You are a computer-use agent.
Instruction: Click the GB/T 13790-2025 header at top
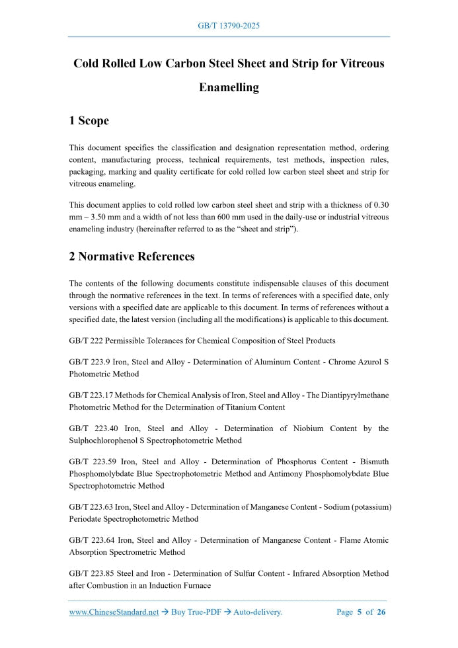[229, 26]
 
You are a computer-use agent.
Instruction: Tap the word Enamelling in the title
[229, 87]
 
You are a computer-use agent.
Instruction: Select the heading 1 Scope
[89, 120]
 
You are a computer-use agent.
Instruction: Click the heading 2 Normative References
[132, 256]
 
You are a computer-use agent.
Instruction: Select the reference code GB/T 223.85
[92, 573]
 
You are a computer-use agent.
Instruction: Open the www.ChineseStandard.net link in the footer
[114, 612]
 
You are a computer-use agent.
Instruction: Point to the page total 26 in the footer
[381, 612]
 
